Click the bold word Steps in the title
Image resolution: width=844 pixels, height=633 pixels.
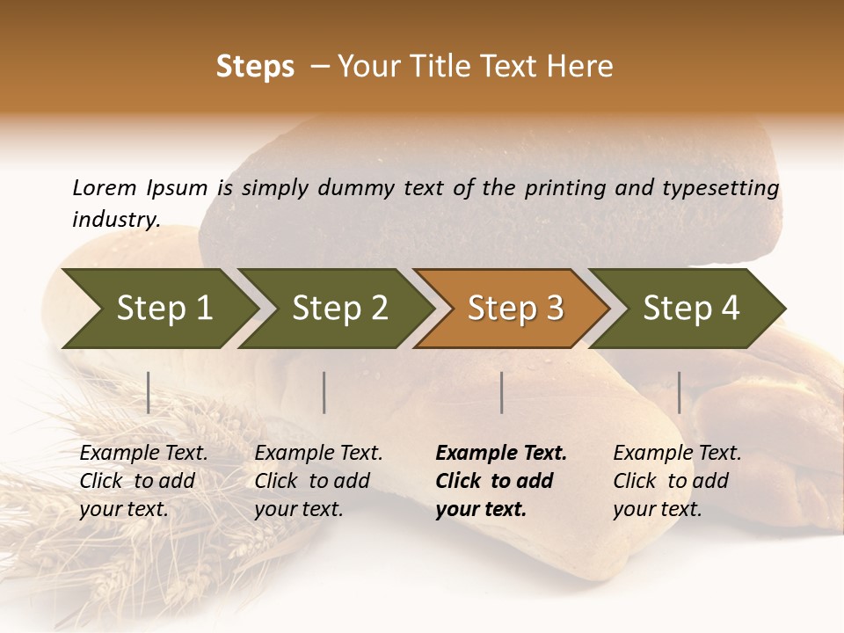[x=255, y=67]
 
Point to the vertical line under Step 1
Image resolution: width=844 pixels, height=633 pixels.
[x=149, y=392]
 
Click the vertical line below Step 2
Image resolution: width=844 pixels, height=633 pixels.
[x=324, y=392]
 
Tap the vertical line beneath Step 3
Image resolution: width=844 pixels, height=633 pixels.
[x=501, y=392]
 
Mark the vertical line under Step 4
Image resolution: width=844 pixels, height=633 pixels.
[x=679, y=392]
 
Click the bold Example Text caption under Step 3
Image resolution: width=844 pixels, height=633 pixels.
[x=499, y=481]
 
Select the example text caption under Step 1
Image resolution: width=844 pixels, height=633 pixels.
[x=142, y=481]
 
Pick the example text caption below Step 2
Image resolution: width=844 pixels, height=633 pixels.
[x=317, y=481]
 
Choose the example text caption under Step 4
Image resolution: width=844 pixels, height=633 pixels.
[x=676, y=481]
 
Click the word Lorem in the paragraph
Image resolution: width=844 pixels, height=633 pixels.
[x=104, y=188]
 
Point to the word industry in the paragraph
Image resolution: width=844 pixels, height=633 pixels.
[x=114, y=219]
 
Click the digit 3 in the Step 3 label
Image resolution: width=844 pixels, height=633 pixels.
[x=554, y=309]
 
